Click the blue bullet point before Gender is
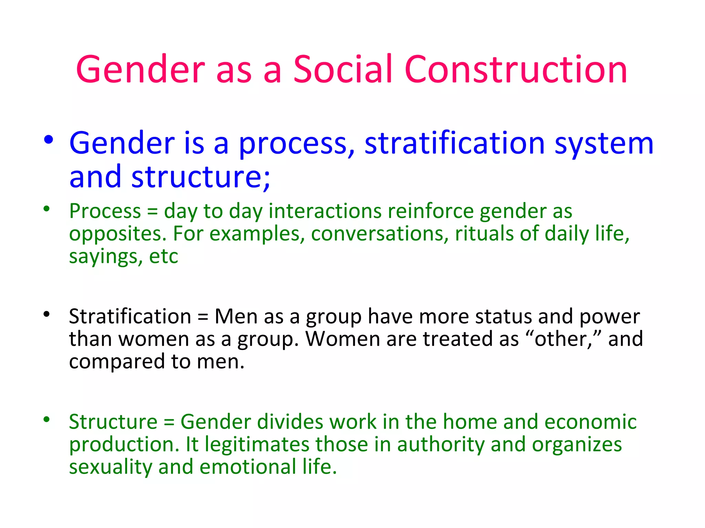coord(49,140)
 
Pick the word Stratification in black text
coord(130,316)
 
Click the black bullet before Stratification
coord(47,314)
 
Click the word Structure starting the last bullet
coord(113,422)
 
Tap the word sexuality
coord(111,467)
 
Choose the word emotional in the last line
coord(248,467)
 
